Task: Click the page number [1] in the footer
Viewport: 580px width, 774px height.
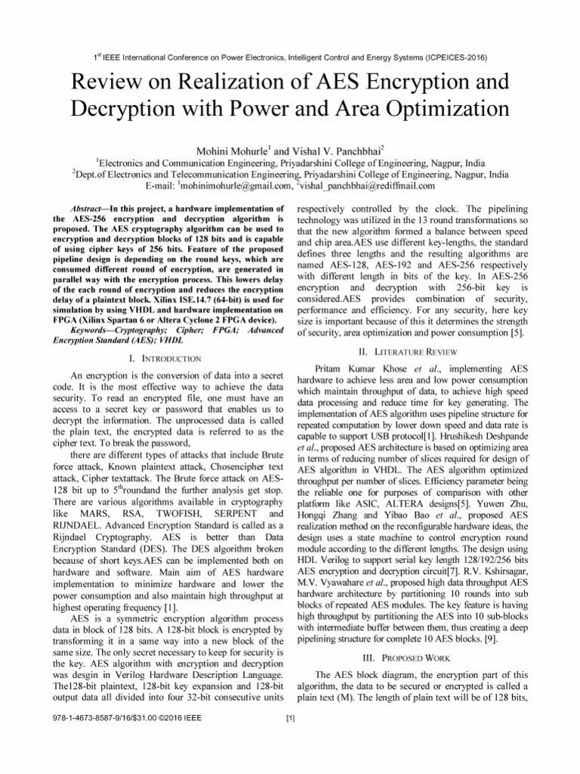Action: [x=290, y=717]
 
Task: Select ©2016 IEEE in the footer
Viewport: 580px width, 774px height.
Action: [x=177, y=717]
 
